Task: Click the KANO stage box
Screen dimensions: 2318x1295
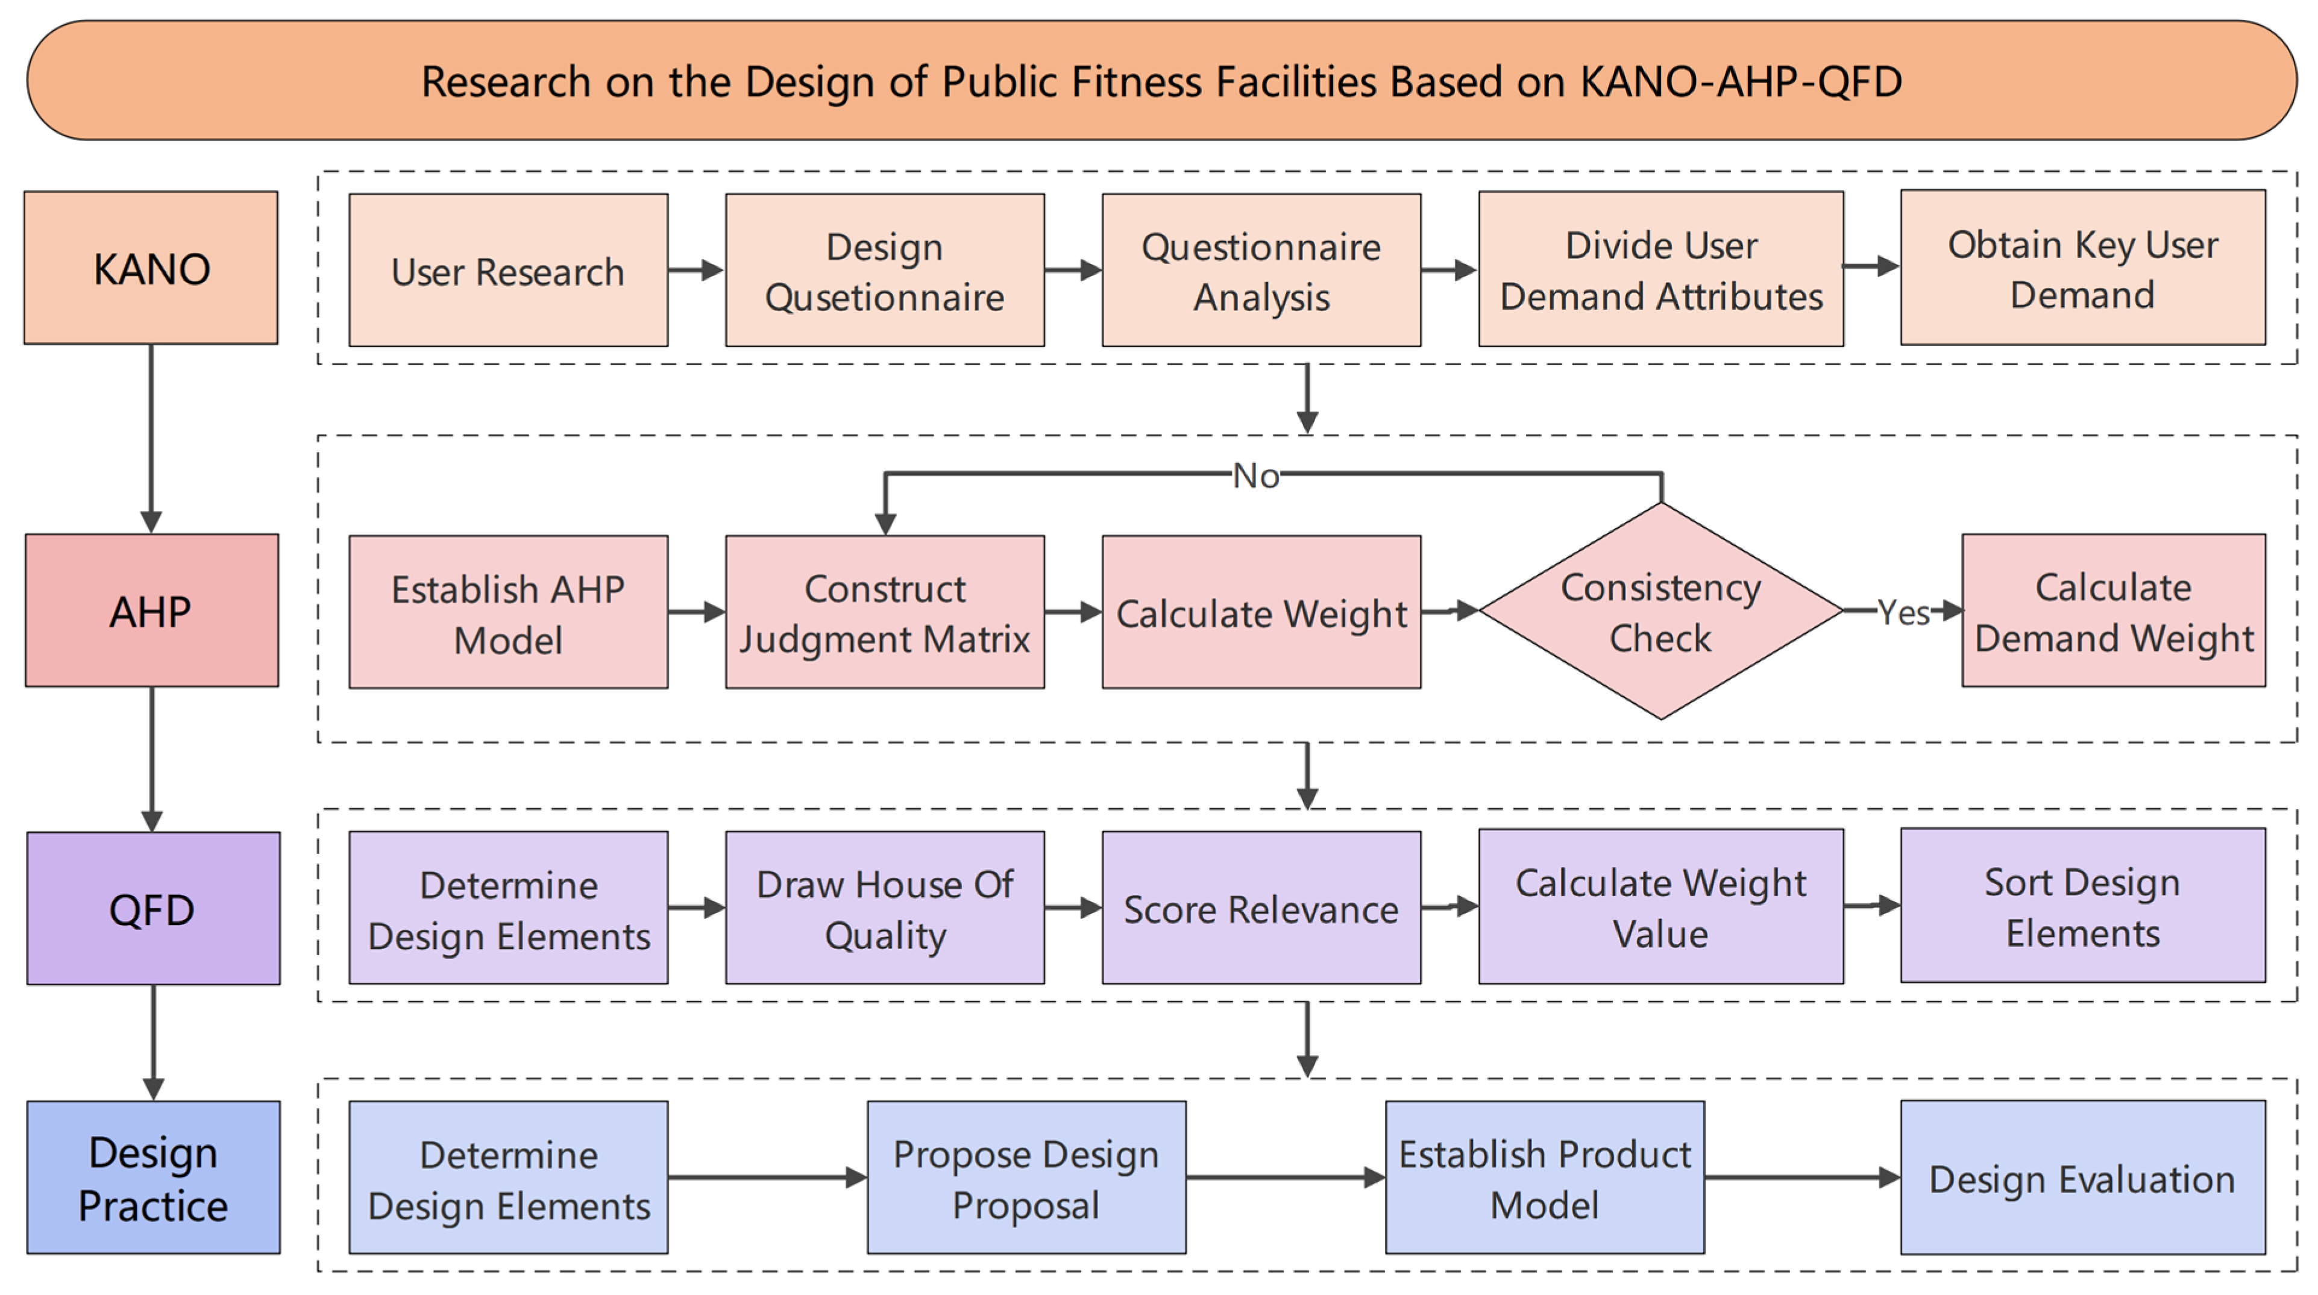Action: (151, 268)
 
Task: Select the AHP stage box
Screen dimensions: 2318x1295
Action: (152, 610)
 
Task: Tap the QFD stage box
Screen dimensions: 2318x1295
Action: (153, 908)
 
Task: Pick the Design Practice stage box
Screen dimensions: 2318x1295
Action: (153, 1177)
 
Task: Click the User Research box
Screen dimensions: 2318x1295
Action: (509, 270)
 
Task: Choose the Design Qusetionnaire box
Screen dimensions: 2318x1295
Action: (885, 270)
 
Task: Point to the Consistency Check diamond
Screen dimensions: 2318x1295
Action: (1661, 611)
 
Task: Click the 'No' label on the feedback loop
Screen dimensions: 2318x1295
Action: (1256, 475)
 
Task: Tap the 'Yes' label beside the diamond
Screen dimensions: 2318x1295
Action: (1903, 613)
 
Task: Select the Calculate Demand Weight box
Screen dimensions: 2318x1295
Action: (2114, 610)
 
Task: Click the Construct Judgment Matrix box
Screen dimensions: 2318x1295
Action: (885, 612)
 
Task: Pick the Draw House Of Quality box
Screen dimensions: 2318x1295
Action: (885, 907)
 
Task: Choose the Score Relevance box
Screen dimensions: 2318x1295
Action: (1261, 907)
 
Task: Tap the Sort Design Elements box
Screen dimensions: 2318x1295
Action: (2083, 905)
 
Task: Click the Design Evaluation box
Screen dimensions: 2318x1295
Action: (2083, 1177)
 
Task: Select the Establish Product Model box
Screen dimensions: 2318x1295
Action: (1545, 1177)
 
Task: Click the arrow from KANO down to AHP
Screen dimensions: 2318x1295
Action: (151, 438)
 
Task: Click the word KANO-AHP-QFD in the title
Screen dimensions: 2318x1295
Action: (1741, 82)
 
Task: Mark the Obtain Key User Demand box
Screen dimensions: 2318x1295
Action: (2083, 268)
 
